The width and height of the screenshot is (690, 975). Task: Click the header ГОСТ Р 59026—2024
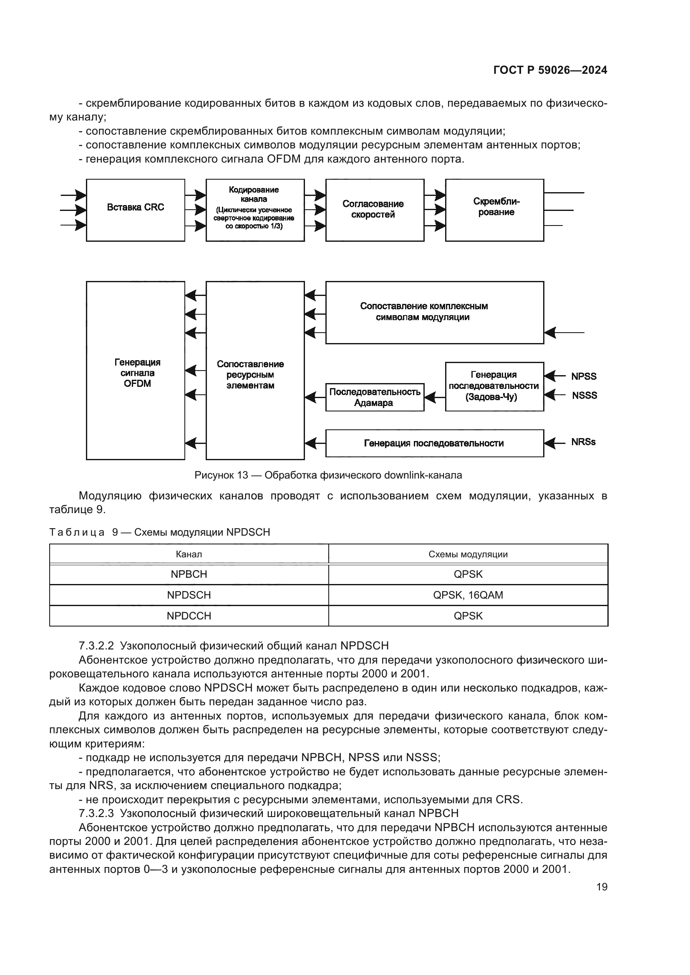point(550,70)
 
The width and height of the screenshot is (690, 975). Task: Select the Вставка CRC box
point(136,210)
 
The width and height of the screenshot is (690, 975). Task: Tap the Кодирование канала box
point(255,210)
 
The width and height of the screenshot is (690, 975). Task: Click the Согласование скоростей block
point(375,210)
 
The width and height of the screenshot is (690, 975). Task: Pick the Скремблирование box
point(495,210)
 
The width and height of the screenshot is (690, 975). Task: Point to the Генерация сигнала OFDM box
point(136,370)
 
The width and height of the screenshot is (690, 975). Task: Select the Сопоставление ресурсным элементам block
point(255,370)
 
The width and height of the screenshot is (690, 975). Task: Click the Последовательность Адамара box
point(375,397)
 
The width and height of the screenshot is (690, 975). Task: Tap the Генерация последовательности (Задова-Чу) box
point(495,386)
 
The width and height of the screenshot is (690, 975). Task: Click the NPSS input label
point(584,376)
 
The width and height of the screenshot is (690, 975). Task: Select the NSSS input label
point(584,395)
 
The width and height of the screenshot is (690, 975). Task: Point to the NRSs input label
point(583,442)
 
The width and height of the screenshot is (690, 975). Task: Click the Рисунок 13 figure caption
point(328,475)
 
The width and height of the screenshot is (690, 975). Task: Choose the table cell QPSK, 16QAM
point(468,595)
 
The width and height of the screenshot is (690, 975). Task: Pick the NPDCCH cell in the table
point(189,616)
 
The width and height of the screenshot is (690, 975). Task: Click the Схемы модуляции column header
point(468,554)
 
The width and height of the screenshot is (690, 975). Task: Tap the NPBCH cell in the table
point(189,574)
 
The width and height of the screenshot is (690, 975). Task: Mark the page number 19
point(602,887)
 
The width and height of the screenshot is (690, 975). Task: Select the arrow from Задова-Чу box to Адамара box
point(434,398)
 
